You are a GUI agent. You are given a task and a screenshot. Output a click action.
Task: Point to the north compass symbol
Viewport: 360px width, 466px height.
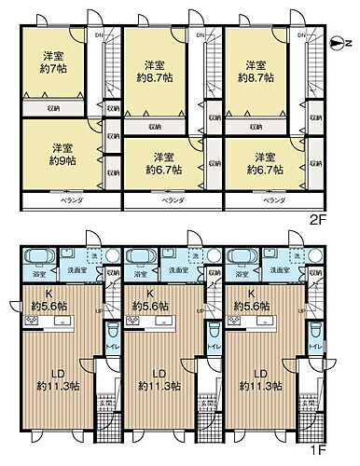tap(338, 42)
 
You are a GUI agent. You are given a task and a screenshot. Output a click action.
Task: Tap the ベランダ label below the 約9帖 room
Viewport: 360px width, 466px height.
tap(62, 200)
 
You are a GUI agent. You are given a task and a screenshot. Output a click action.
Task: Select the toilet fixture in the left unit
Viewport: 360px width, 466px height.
tap(113, 331)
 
